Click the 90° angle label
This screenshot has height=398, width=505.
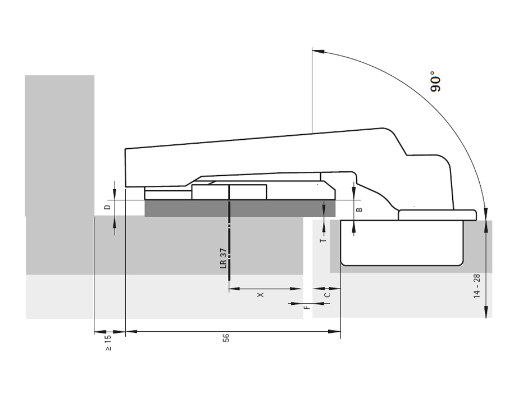click(435, 82)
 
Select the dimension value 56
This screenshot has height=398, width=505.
click(226, 338)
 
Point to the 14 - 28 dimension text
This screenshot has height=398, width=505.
click(477, 286)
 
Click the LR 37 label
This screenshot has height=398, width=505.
click(224, 258)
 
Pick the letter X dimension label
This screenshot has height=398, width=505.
click(261, 295)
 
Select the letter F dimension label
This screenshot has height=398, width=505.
click(307, 307)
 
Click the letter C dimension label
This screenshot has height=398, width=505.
click(327, 295)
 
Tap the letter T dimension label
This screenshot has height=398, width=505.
click(324, 240)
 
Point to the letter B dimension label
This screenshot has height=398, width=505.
click(360, 209)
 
